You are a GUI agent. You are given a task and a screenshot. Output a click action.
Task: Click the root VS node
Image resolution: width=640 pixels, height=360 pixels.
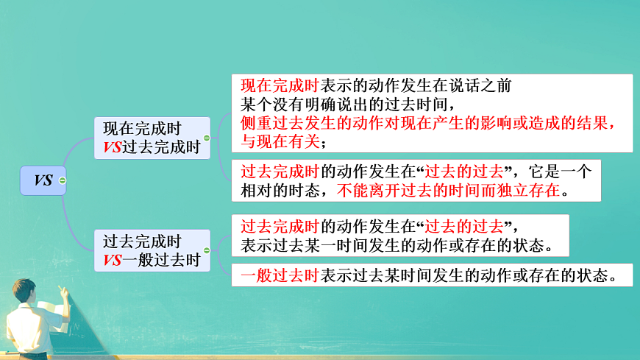[43, 180]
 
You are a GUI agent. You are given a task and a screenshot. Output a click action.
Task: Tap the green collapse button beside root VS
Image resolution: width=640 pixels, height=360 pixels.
[63, 180]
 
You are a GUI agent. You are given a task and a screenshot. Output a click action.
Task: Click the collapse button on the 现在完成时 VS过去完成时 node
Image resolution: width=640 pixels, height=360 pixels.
[207, 138]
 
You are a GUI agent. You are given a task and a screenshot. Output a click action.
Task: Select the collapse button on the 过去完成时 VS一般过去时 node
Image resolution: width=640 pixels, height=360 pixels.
[207, 251]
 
